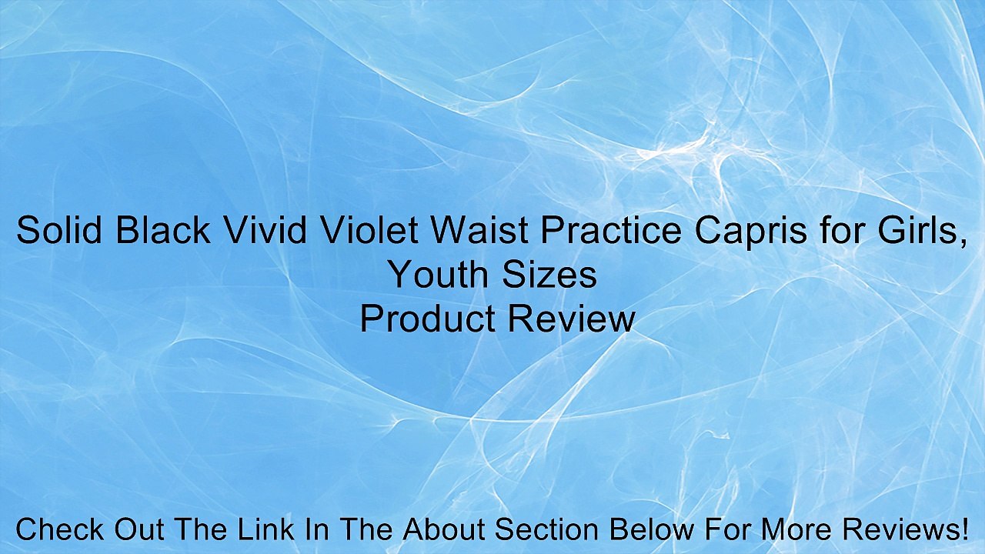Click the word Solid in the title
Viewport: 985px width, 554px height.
[x=59, y=231]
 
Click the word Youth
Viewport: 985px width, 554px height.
[x=438, y=275]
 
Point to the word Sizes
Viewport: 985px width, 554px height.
[x=551, y=275]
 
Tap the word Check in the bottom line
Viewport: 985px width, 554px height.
[x=60, y=530]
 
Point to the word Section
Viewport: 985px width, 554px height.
[x=556, y=530]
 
